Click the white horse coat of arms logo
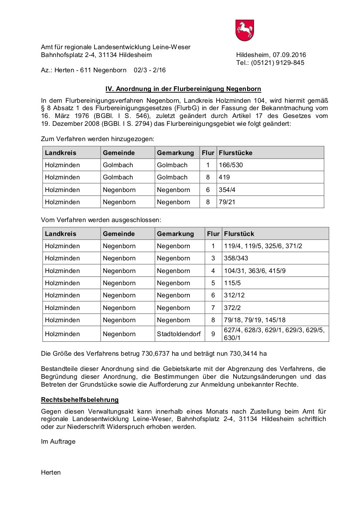(245, 30)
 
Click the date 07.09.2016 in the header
(289, 55)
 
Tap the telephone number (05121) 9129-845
(277, 63)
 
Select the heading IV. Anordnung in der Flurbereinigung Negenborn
(183, 89)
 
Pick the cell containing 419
(224, 177)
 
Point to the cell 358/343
(236, 258)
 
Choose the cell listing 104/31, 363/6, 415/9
(255, 271)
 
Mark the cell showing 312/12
(234, 295)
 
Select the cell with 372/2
(232, 308)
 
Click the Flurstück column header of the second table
(239, 234)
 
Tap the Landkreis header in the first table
(61, 153)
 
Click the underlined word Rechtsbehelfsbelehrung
(80, 400)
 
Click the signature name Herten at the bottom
(51, 472)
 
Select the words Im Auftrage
(58, 442)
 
